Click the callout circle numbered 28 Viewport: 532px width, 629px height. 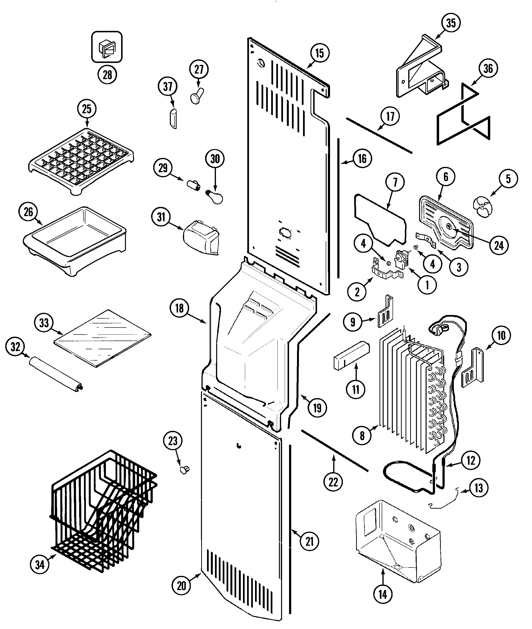point(107,75)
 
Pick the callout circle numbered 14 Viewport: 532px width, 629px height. point(383,595)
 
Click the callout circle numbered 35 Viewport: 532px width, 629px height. point(451,23)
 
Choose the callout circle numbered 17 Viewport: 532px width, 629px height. point(390,116)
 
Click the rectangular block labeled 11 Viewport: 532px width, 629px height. point(351,356)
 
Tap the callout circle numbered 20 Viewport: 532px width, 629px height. point(181,586)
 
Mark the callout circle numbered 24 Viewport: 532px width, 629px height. point(499,246)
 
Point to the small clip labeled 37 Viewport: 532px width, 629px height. point(173,119)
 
